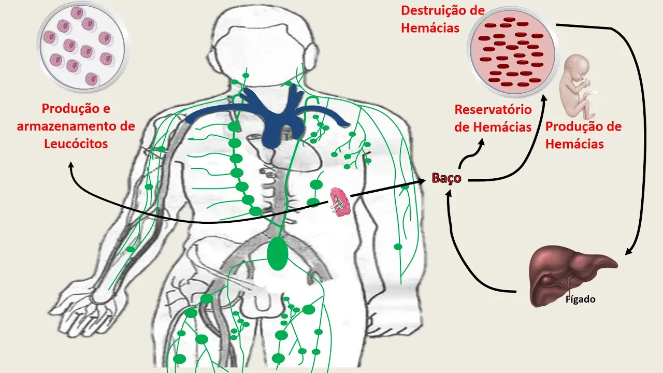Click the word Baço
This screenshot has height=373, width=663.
(446, 179)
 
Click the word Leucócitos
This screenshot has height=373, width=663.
(76, 144)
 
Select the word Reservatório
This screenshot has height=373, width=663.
(493, 110)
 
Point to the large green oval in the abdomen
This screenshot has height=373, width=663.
(278, 252)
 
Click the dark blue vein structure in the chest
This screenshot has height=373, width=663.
(269, 114)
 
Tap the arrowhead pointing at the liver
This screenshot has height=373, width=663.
(627, 252)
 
